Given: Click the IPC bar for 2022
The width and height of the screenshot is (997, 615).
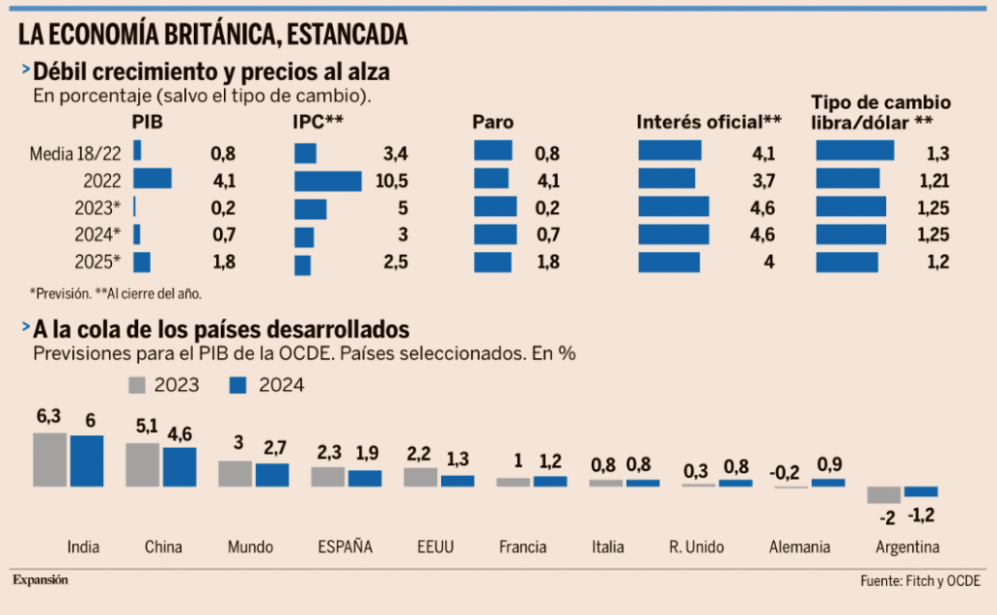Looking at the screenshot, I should click(327, 180).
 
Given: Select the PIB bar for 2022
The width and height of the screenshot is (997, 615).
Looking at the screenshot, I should click(152, 179).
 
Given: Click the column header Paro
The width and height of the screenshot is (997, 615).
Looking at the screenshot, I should click(493, 123).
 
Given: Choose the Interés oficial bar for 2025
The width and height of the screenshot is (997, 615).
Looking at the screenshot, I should click(669, 263).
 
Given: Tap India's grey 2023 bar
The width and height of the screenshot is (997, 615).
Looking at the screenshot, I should click(50, 459).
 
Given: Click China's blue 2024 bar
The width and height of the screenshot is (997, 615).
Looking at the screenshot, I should click(179, 467).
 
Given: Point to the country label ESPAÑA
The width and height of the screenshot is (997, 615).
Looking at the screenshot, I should click(346, 547).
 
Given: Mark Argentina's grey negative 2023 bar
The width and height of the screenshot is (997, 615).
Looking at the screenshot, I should click(883, 494).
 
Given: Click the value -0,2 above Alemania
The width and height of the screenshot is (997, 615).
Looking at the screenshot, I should click(784, 472).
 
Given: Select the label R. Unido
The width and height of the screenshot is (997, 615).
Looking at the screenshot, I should click(696, 547).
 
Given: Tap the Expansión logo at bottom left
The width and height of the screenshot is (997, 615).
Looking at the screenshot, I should click(41, 580).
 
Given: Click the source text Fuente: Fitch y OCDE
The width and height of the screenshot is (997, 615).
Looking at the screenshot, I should click(920, 581).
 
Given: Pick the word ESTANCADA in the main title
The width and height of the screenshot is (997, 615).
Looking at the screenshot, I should click(347, 35).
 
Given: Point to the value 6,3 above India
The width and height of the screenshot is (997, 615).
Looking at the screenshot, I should click(49, 416).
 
